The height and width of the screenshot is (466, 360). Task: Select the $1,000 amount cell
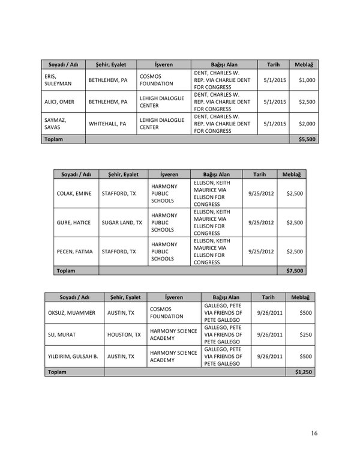[307, 80]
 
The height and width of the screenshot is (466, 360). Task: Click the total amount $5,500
[307, 139]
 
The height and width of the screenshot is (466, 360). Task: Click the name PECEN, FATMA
[74, 251]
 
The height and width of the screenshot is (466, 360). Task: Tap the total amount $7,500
[295, 271]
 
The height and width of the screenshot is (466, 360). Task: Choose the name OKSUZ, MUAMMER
[71, 313]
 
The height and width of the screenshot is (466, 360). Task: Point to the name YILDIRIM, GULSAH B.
[73, 356]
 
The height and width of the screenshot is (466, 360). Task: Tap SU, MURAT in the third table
[61, 334]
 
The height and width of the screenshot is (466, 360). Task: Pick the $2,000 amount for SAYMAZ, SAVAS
[307, 124]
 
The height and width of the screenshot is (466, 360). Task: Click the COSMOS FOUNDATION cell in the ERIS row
[157, 80]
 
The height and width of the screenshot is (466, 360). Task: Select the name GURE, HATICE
[74, 222]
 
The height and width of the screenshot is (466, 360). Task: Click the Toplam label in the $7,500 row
[65, 271]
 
